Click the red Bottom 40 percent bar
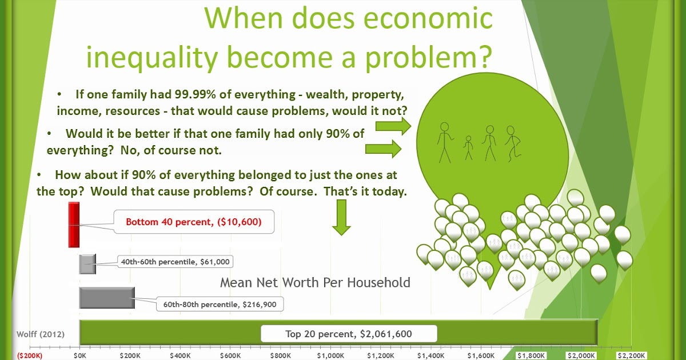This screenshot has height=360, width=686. pyautogui.click(x=73, y=225)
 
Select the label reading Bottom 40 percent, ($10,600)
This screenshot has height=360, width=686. pyautogui.click(x=194, y=222)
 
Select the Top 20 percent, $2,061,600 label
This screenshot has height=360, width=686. pyautogui.click(x=349, y=334)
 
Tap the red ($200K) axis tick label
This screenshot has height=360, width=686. pyautogui.click(x=30, y=355)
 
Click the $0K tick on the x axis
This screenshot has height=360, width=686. pyautogui.click(x=80, y=355)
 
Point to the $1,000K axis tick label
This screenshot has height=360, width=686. pyautogui.click(x=331, y=355)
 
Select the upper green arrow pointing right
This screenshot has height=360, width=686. pyautogui.click(x=394, y=126)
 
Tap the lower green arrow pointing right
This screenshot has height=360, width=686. pyautogui.click(x=384, y=150)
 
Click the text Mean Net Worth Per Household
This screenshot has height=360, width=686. pyautogui.click(x=315, y=282)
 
